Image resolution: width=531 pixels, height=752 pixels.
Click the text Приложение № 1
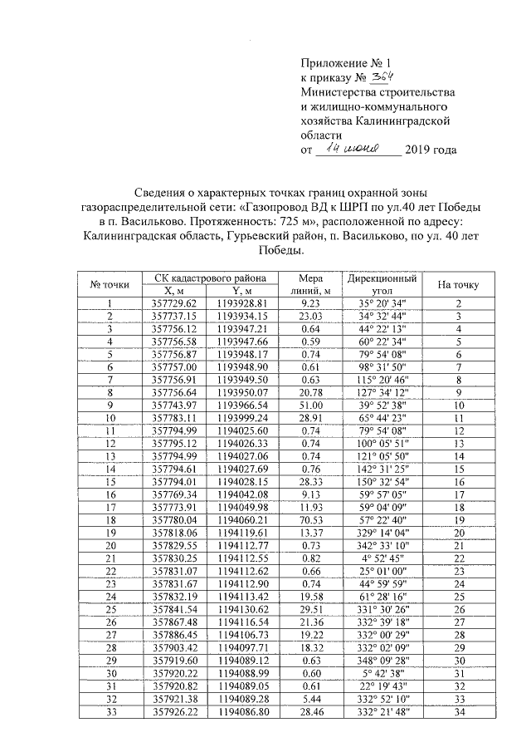click(343, 62)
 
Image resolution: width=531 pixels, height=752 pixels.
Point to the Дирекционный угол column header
click(382, 284)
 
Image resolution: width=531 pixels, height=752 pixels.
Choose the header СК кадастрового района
click(204, 278)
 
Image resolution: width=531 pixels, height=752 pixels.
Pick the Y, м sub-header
click(241, 291)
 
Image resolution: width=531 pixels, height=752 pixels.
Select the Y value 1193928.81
click(241, 303)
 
